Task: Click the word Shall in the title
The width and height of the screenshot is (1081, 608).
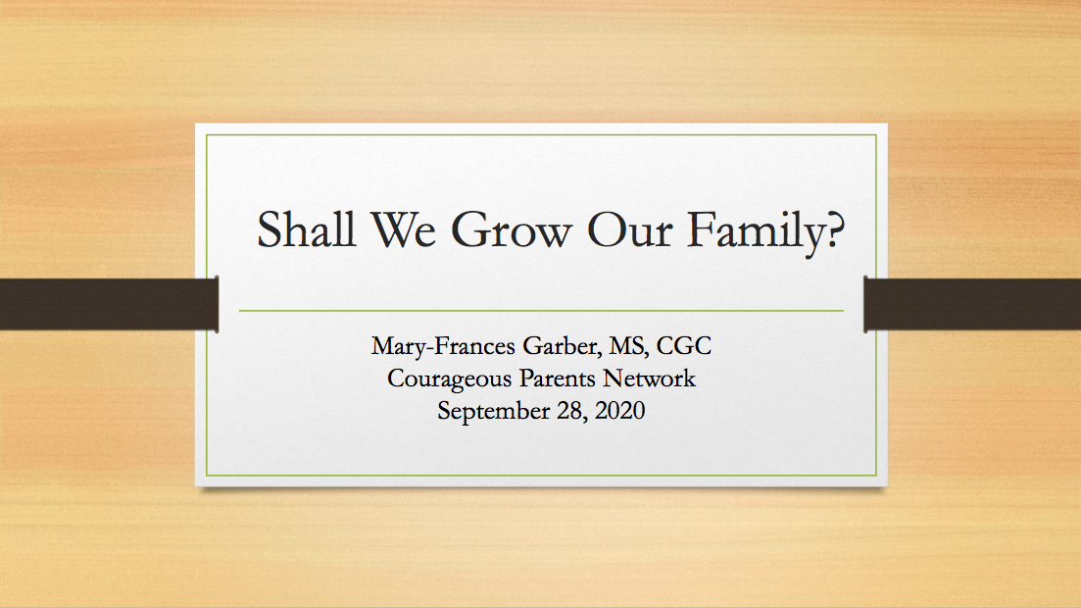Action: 306,228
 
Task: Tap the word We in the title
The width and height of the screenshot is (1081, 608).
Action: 404,229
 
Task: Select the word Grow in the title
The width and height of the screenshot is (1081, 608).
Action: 511,229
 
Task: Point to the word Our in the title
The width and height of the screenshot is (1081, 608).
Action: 629,229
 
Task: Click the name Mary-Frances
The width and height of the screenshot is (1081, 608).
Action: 443,346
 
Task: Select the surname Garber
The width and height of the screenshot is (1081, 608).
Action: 561,346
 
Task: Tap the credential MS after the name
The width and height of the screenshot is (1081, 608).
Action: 627,346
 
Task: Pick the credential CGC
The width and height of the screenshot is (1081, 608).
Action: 683,345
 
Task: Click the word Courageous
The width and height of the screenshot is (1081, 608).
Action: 449,379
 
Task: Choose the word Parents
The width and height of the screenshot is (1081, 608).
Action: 557,379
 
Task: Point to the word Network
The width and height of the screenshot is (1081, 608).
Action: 650,378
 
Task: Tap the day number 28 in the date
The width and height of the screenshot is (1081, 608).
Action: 570,411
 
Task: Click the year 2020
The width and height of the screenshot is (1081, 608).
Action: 619,411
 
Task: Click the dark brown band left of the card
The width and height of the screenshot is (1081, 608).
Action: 109,304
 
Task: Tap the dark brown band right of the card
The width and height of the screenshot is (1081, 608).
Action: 972,304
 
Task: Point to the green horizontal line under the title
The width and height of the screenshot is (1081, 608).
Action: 541,311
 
